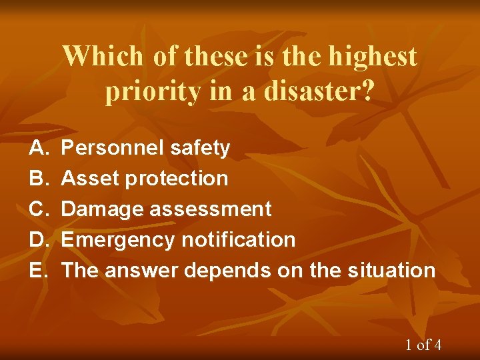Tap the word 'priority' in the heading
point(153,92)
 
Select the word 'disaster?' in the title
point(319,92)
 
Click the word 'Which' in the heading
point(103,56)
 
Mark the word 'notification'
point(236,240)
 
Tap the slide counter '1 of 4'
point(423,345)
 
